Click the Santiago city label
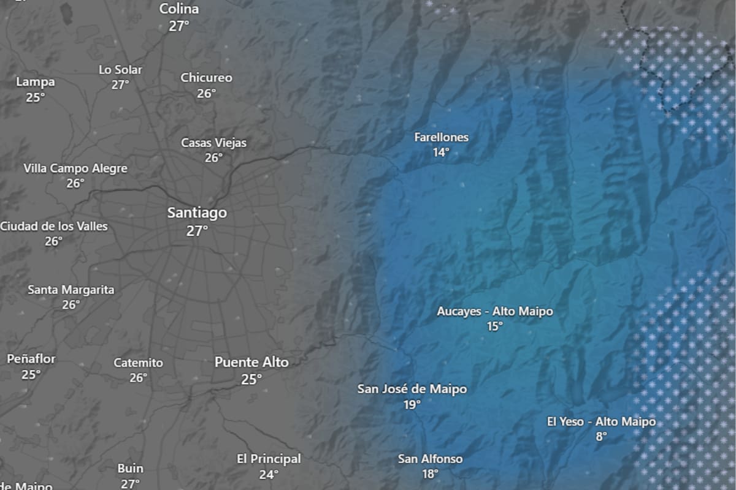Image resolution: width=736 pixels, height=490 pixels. click(197, 213)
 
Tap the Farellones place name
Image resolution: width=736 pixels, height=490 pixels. click(441, 137)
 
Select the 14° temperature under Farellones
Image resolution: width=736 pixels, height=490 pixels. click(441, 153)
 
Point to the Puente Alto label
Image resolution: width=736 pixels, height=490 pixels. click(251, 362)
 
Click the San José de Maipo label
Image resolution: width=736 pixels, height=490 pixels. click(412, 389)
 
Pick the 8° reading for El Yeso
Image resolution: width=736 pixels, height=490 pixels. click(601, 437)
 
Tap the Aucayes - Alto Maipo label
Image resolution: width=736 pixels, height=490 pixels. click(495, 311)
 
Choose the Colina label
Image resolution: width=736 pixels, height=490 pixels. click(179, 9)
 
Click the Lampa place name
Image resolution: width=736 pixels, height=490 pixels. click(36, 81)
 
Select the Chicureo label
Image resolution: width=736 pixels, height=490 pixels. click(207, 78)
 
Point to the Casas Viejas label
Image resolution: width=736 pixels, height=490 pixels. click(213, 143)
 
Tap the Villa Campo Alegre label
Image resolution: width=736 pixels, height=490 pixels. click(75, 168)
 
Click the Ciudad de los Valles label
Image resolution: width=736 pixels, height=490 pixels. click(54, 226)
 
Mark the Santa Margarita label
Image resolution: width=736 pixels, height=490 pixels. click(71, 289)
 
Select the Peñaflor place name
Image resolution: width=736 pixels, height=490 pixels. click(31, 359)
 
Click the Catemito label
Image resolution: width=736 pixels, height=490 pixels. click(139, 363)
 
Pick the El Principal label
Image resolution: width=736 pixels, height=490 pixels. click(269, 459)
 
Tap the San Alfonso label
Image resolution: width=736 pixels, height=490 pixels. click(430, 459)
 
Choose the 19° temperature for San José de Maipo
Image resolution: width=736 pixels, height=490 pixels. click(412, 404)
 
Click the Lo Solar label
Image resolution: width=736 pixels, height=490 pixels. click(120, 70)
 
